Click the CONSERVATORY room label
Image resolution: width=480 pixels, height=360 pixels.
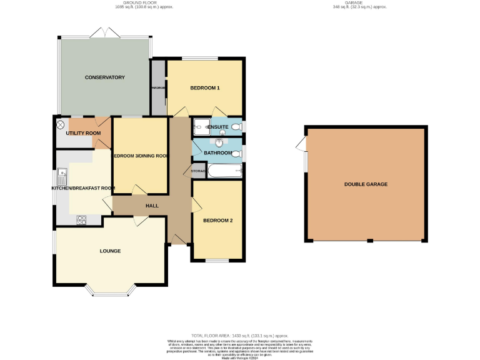pos(105,77)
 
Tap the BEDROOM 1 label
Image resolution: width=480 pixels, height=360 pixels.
pos(205,88)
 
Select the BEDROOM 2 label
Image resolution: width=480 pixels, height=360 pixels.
pos(217,220)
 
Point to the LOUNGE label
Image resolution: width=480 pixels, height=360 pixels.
pos(110,251)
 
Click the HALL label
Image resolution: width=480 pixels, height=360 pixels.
pos(152,206)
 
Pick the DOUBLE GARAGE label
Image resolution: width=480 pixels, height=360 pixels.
pos(366,184)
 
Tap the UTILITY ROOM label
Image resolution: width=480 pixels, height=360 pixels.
pos(83,133)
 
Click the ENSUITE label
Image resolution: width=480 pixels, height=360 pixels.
pos(217,127)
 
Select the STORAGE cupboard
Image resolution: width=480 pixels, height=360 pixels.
pos(198,170)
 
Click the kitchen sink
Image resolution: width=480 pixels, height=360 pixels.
pos(62,173)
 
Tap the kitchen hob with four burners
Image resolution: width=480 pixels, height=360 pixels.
pos(81,219)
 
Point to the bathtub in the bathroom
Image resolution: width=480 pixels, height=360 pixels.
pos(224,170)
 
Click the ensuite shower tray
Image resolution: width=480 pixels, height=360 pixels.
pos(202,126)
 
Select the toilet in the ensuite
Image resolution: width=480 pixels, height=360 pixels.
pos(236,127)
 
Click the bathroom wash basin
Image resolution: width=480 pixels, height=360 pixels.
pos(219,142)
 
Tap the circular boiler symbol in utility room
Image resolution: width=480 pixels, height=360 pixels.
pos(61,125)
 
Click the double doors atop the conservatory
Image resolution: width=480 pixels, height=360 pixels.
pos(104,31)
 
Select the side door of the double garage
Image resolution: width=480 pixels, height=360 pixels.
pos(302,144)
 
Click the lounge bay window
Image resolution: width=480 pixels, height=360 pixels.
pos(110,290)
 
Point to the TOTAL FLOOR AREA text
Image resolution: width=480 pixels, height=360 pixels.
pos(239,336)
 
